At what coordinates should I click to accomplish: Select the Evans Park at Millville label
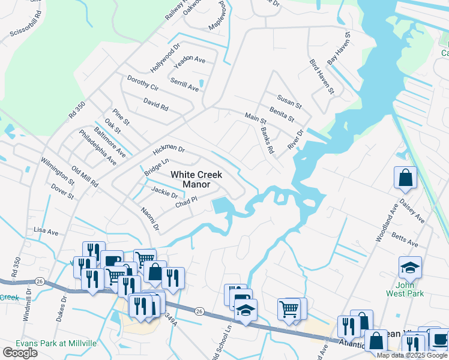coord(49,343)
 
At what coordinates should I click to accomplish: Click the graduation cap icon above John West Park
coord(410,266)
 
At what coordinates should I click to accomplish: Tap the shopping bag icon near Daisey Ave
coord(405,177)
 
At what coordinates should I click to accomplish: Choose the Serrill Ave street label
coord(184,84)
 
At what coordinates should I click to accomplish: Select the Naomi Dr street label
coord(150,218)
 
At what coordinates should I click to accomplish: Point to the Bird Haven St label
coord(321,76)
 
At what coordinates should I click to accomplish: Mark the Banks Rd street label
coord(267,140)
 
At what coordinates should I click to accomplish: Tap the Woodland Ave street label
coord(382,226)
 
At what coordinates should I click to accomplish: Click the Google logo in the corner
coord(20,353)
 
